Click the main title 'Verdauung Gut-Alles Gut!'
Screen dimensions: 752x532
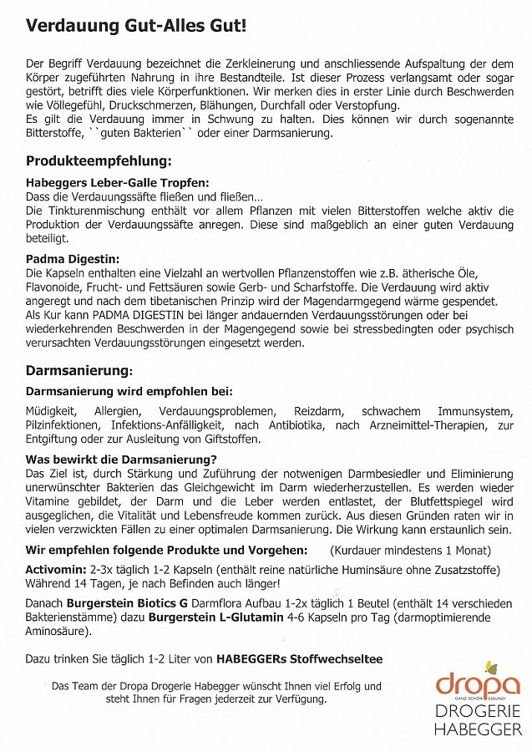coord(136,27)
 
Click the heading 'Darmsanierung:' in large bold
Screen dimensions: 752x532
coord(79,368)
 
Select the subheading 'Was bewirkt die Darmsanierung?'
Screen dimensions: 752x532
coord(121,459)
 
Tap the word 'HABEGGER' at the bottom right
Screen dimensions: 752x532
coord(479,729)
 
